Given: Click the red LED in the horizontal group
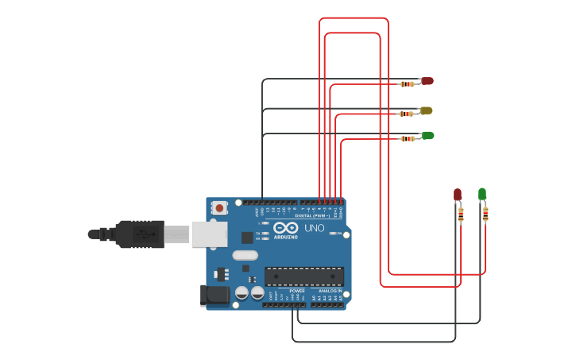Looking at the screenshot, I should [x=427, y=81].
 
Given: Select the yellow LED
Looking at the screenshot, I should [x=427, y=110].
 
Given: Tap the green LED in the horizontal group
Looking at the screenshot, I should [x=427, y=136].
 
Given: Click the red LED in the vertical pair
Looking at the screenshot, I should [x=458, y=194].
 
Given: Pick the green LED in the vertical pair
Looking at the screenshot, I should [x=482, y=193].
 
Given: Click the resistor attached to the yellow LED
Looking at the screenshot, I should [x=407, y=114].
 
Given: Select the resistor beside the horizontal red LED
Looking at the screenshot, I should [x=407, y=83].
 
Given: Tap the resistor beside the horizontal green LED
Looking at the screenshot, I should [x=407, y=138].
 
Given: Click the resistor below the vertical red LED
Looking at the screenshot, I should [x=460, y=214].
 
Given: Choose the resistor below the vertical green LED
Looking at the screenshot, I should [x=485, y=213].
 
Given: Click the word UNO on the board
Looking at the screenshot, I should [x=314, y=228].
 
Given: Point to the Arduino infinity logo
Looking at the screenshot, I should [x=285, y=229].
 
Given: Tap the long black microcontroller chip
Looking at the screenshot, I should [x=305, y=276].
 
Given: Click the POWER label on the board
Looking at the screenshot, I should [x=297, y=291].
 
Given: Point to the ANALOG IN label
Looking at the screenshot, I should [x=330, y=291].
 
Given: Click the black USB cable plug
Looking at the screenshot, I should [x=140, y=234].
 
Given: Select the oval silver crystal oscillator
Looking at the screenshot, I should [x=245, y=256].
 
